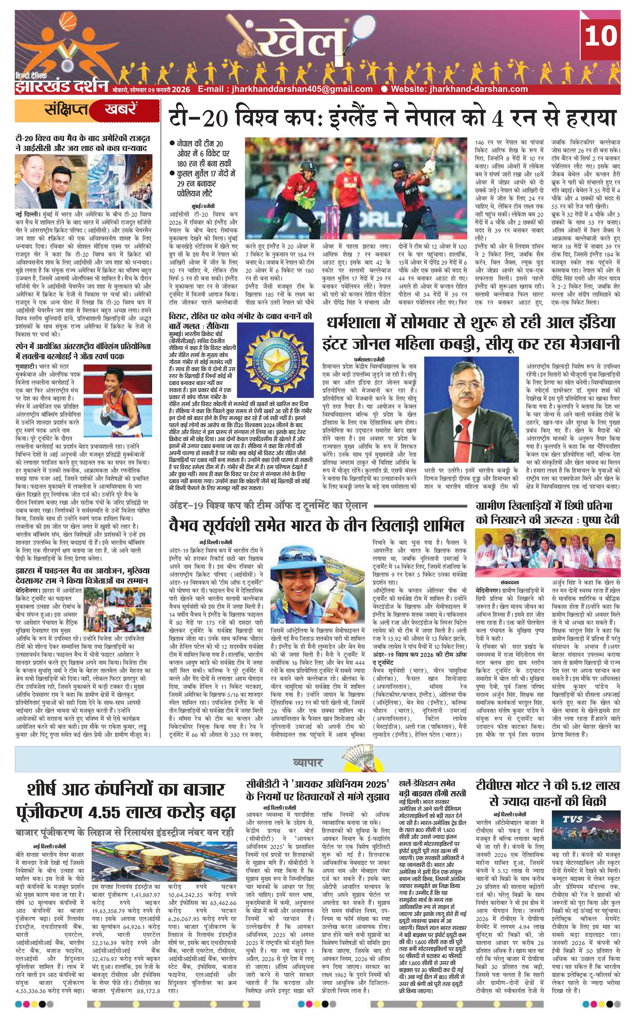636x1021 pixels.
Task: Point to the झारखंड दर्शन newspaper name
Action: tap(62, 86)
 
